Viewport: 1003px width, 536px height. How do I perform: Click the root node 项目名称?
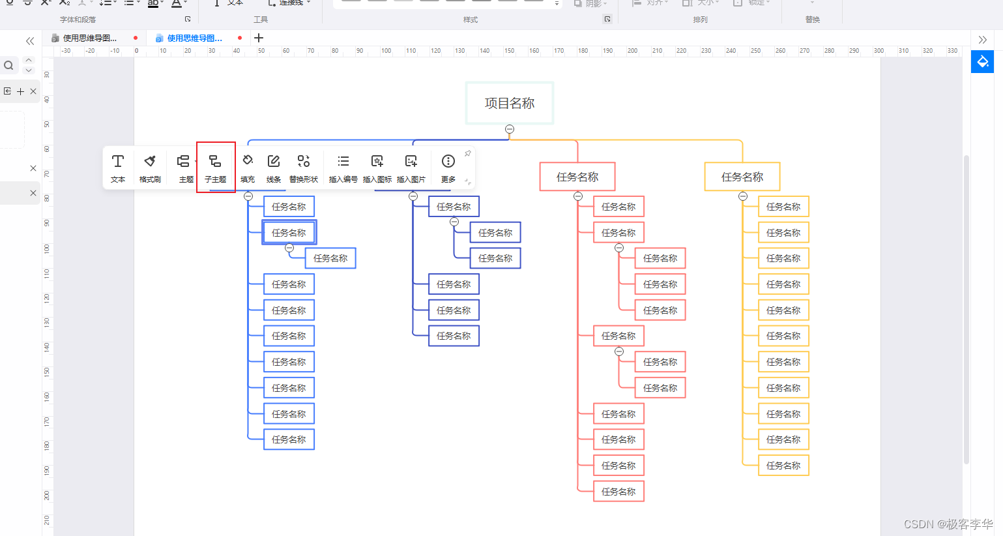[510, 103]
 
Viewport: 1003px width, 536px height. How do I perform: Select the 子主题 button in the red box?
[215, 167]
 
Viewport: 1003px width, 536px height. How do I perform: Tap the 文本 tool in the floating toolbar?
[118, 167]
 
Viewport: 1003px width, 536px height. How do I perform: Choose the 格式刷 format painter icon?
[150, 167]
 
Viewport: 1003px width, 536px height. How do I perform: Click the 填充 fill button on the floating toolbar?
[248, 167]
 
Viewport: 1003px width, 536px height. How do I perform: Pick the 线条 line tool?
[274, 167]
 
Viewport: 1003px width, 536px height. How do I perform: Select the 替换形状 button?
[304, 167]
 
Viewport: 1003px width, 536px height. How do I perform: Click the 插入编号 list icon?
[343, 167]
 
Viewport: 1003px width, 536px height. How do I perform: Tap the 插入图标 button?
[377, 167]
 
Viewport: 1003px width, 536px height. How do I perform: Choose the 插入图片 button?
[411, 167]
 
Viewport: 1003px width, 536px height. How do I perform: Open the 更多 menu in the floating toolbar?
[448, 167]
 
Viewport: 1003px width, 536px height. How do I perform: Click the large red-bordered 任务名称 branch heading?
[577, 177]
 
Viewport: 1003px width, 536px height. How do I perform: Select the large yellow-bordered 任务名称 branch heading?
[742, 177]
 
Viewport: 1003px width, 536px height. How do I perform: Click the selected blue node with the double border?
[289, 233]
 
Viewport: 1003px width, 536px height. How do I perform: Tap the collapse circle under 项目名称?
[510, 129]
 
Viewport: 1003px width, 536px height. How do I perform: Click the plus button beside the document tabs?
[259, 38]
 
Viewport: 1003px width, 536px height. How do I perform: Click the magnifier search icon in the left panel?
[9, 65]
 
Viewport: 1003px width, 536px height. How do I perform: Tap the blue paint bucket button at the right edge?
[982, 62]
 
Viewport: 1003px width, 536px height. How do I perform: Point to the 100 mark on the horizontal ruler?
[386, 51]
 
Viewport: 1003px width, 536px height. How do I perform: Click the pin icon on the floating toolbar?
[467, 154]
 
